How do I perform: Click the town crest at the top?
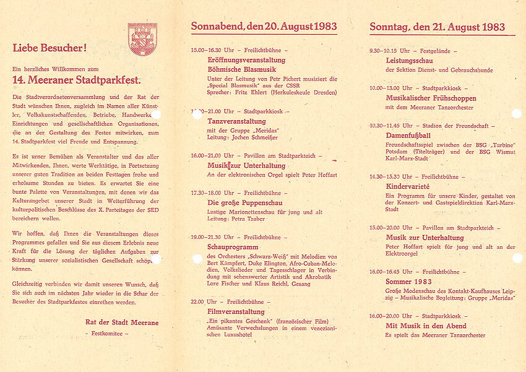[142, 39]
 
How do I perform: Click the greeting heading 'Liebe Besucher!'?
[50, 48]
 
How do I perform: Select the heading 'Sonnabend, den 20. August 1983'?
[264, 27]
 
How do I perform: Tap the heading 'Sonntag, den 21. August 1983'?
[437, 27]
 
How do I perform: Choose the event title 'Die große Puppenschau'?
[241, 202]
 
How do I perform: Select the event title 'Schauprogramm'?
[231, 247]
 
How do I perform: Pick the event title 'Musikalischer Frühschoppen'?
[431, 98]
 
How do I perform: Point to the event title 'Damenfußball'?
[408, 135]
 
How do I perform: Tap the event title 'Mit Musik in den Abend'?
[426, 326]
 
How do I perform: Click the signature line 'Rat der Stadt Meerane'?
[122, 322]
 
